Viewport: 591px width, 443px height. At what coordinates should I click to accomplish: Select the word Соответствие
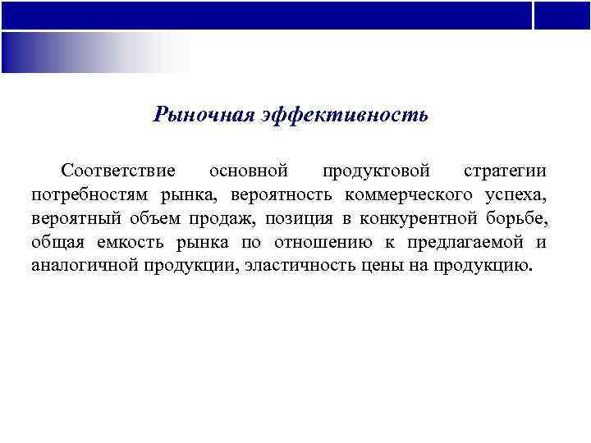click(118, 171)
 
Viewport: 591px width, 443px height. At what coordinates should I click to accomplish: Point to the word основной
click(249, 171)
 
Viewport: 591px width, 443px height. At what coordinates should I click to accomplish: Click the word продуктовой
click(376, 171)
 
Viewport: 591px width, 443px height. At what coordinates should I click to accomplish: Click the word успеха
click(513, 195)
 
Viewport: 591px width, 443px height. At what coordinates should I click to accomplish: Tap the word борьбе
click(515, 219)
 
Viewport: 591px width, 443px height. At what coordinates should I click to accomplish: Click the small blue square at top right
click(562, 15)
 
